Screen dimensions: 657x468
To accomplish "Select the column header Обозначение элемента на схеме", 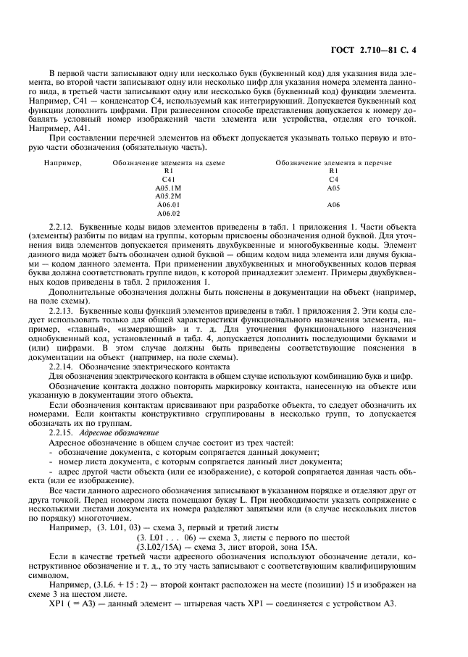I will click(168, 163).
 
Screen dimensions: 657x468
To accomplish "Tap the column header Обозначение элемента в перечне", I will click(333, 163).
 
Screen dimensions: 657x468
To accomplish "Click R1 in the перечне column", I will click(333, 171).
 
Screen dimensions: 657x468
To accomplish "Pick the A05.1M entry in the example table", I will click(168, 188).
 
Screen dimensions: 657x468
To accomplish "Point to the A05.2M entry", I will click(168, 196).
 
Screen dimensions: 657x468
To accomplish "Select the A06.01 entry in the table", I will click(168, 204).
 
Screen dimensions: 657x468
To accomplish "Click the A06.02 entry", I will click(168, 213).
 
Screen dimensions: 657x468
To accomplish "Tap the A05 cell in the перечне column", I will click(333, 188).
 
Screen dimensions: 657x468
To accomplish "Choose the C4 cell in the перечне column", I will click(333, 179).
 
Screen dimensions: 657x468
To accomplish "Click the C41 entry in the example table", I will click(168, 179).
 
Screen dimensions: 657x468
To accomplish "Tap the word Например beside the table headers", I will click(62, 163).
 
